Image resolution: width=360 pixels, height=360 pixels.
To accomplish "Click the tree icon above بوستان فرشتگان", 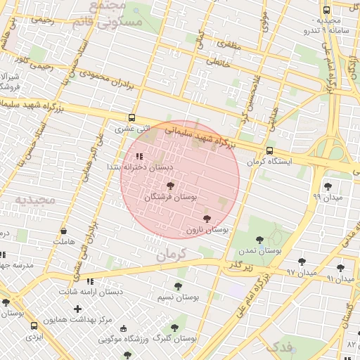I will click(x=170, y=186).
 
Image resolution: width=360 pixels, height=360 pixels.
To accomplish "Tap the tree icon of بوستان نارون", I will click(x=207, y=219).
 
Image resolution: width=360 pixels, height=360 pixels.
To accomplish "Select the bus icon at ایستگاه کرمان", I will click(x=270, y=150).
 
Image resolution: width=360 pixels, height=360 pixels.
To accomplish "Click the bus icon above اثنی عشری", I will click(x=132, y=118).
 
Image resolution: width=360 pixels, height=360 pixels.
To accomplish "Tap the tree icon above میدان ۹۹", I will click(x=328, y=186).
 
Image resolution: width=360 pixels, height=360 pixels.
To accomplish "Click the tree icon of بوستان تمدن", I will click(x=260, y=240).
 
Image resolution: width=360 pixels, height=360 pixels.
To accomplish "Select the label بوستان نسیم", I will click(x=178, y=297).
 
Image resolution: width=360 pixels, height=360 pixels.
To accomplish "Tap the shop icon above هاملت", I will click(x=64, y=231).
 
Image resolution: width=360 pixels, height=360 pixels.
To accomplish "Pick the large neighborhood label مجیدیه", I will click(x=34, y=200).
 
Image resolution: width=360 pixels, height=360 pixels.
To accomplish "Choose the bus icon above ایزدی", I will click(x=34, y=326).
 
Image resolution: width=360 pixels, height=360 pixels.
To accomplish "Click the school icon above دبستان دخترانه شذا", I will click(x=139, y=156).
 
